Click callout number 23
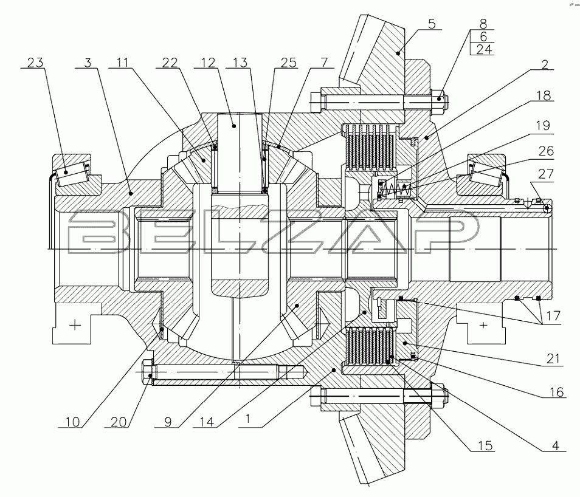36,62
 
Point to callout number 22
170,62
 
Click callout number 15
484,447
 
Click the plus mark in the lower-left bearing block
75,326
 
